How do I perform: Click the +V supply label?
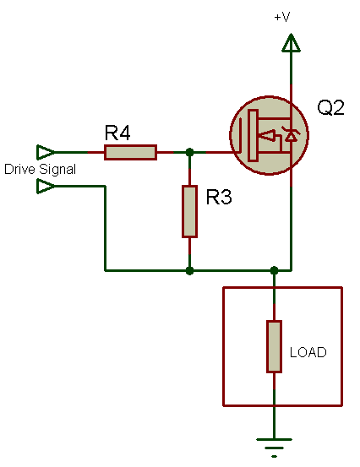[x=282, y=17]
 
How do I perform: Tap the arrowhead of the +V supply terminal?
[x=291, y=43]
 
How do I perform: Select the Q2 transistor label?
[x=330, y=107]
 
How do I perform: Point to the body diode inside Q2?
[x=291, y=134]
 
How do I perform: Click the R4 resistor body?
[x=130, y=153]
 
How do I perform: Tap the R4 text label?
[x=117, y=133]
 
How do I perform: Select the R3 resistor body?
[x=189, y=211]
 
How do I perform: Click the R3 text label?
[x=219, y=197]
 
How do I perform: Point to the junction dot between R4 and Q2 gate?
[x=189, y=153]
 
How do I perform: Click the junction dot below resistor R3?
[x=189, y=271]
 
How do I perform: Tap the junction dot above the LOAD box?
[x=274, y=271]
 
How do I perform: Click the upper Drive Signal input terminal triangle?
[x=46, y=153]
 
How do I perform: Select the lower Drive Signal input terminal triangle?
[x=46, y=187]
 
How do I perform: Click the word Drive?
[x=20, y=169]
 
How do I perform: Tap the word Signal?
[x=57, y=170]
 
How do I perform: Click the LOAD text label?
[x=308, y=352]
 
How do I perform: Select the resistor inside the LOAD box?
[x=274, y=346]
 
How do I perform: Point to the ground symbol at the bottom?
[x=274, y=448]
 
